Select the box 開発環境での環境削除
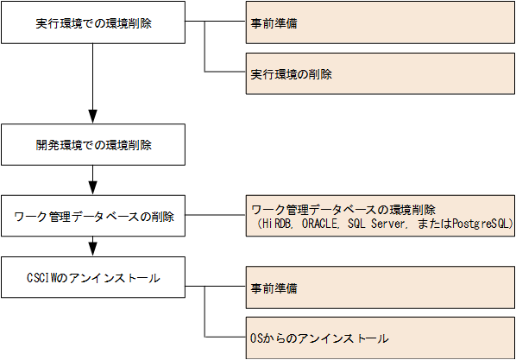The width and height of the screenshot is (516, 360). click(93, 144)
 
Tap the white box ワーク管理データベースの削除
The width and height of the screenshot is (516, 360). click(93, 216)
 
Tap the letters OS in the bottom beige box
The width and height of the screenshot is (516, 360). click(255, 338)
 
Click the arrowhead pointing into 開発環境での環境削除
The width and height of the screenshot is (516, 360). click(93, 116)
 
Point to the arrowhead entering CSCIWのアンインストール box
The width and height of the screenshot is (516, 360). click(93, 250)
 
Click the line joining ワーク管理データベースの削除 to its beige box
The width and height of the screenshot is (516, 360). click(214, 216)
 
